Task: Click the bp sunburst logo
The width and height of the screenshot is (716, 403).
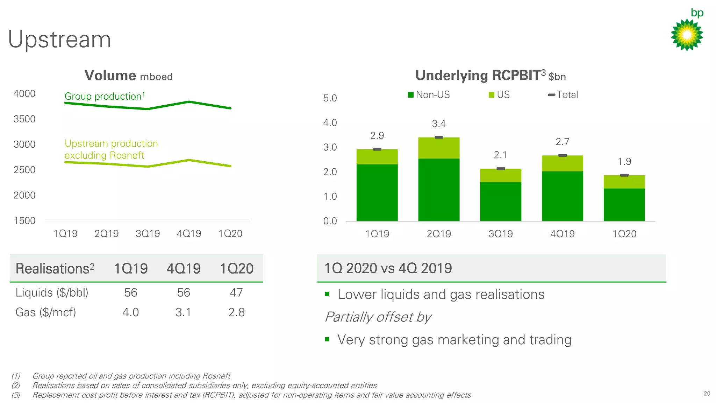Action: (687, 35)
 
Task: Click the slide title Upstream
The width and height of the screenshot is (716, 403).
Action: (59, 39)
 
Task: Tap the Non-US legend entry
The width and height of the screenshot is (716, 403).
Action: (429, 95)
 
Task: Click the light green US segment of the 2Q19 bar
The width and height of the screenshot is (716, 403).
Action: (439, 148)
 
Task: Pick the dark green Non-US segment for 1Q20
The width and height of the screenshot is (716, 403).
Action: (624, 205)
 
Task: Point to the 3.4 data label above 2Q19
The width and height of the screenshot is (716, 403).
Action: (439, 124)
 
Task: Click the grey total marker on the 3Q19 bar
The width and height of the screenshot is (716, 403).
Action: (501, 169)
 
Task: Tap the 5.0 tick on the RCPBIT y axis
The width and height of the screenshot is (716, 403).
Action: (330, 98)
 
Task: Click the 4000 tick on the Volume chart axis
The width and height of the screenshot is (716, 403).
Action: (24, 94)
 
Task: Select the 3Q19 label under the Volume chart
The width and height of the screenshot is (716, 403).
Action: (148, 234)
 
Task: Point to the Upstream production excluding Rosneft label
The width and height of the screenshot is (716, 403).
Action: (111, 149)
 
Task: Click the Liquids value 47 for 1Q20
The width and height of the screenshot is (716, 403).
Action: (236, 292)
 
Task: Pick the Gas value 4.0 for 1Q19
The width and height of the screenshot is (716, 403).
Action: (130, 312)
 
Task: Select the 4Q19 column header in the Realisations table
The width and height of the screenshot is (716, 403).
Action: (183, 269)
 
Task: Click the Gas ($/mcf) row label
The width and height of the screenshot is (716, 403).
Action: (45, 312)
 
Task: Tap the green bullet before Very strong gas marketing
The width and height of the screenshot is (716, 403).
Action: (327, 339)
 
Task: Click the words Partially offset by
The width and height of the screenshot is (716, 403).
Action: (378, 317)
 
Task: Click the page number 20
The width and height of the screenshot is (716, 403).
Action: (707, 394)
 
